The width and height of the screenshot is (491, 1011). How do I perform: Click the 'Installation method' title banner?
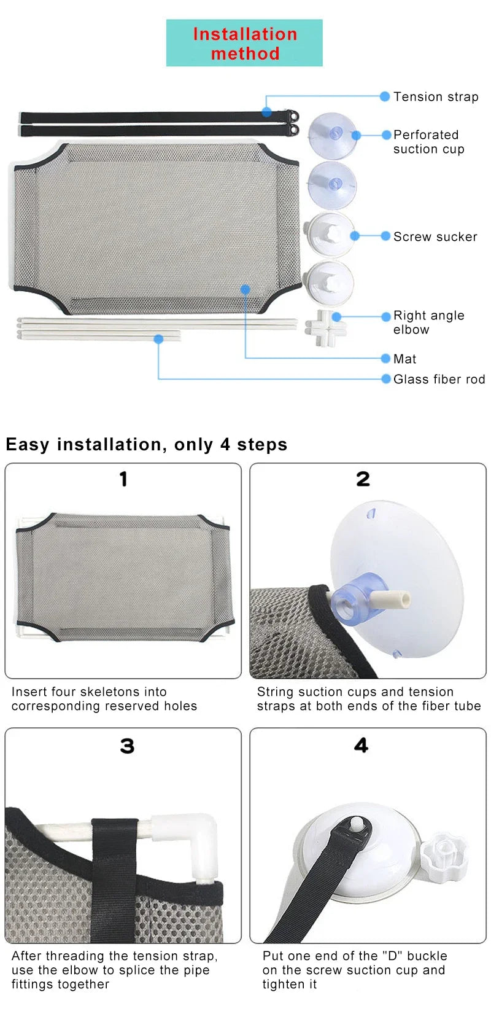[244, 43]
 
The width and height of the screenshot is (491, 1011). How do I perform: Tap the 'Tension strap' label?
[436, 97]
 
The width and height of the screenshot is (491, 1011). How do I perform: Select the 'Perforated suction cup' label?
[428, 142]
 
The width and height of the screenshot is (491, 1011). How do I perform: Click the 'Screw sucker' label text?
[435, 237]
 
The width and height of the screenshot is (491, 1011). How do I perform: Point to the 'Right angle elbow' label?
[428, 322]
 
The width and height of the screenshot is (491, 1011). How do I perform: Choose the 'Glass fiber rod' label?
[439, 380]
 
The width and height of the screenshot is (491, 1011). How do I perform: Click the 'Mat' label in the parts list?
[404, 359]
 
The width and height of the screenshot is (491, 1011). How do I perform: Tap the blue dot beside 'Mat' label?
[385, 359]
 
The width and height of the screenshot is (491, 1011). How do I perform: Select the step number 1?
[123, 479]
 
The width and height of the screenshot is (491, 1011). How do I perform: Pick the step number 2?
[363, 479]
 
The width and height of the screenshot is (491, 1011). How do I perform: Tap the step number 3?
[126, 746]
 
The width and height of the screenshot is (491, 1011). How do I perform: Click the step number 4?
[361, 745]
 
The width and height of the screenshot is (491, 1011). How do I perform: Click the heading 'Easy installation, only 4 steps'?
[146, 445]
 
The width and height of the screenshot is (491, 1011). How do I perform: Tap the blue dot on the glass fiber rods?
[158, 338]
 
